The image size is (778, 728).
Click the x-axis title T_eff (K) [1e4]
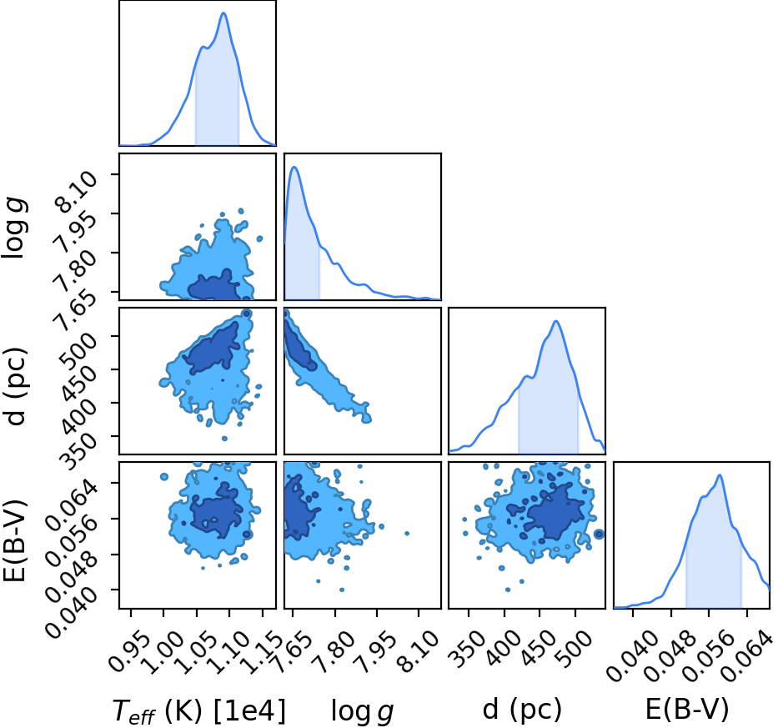pyautogui.click(x=199, y=710)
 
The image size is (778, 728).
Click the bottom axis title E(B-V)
pyautogui.click(x=687, y=710)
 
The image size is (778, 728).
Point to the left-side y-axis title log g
pyautogui.click(x=14, y=228)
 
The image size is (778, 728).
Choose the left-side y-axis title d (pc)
pyautogui.click(x=15, y=387)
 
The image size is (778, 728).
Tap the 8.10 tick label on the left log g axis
pyautogui.click(x=78, y=191)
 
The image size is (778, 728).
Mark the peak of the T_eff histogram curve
pyautogui.click(x=223, y=13)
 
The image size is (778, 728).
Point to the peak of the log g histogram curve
pyautogui.click(x=294, y=168)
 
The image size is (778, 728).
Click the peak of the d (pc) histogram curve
pyautogui.click(x=556, y=321)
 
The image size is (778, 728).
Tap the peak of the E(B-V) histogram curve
pyautogui.click(x=719, y=475)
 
